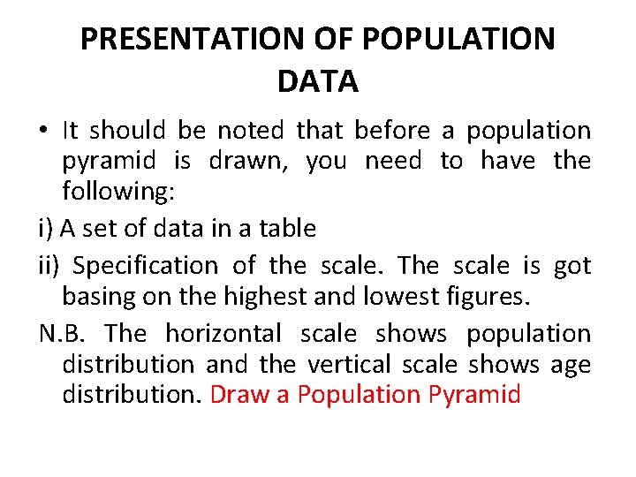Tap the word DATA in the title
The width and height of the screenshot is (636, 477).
[318, 81]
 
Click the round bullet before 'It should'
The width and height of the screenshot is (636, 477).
[43, 132]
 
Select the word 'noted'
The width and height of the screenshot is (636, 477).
[251, 131]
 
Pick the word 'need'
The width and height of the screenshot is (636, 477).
[393, 161]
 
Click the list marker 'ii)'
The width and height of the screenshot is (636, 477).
[53, 265]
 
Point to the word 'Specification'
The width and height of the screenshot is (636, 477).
[145, 265]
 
